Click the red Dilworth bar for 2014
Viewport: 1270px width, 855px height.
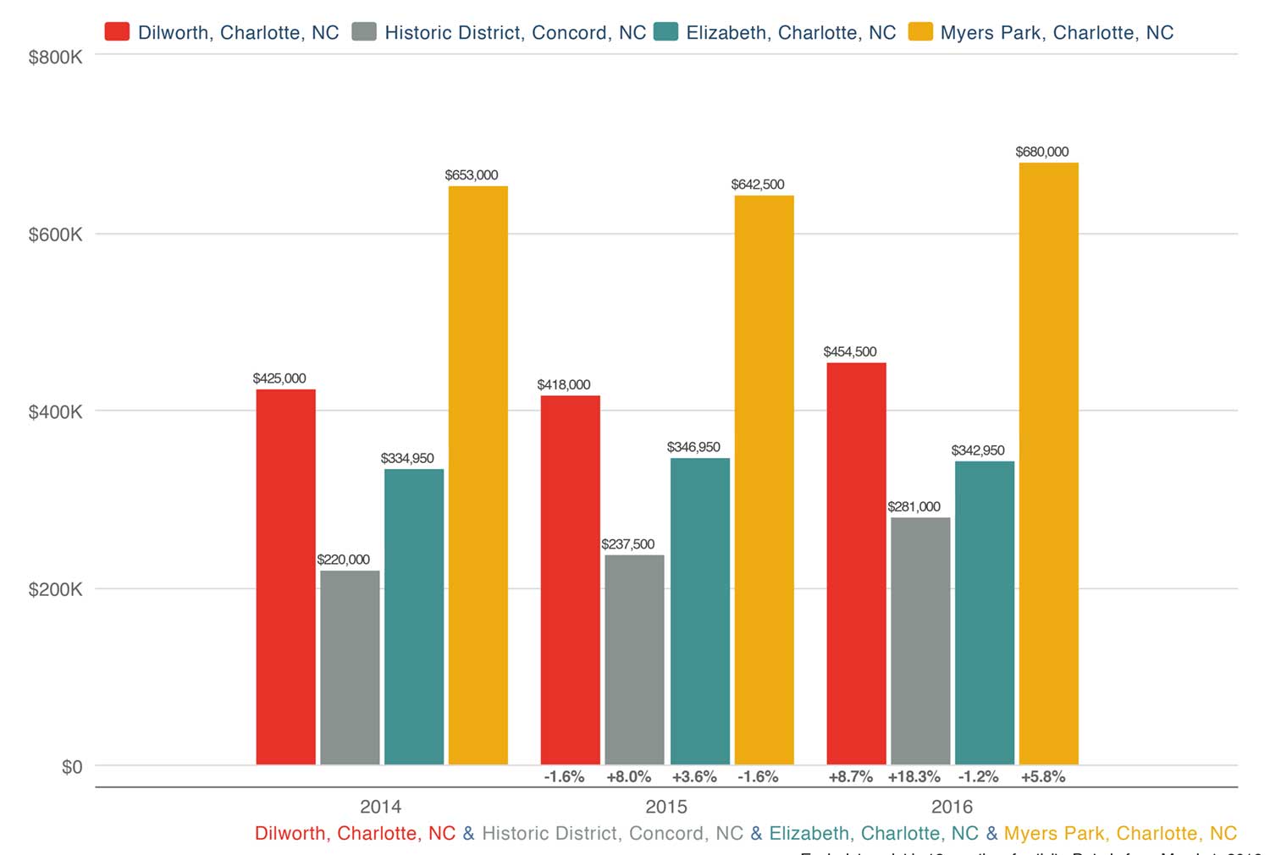[x=285, y=576]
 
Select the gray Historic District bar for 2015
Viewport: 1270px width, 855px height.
[x=634, y=659]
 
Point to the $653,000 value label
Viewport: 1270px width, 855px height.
[x=472, y=175]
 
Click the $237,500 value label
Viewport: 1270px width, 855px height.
[x=627, y=544]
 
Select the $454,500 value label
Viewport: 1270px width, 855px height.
[x=850, y=351]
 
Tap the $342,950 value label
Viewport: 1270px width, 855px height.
[x=978, y=450]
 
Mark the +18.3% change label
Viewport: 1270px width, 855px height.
[x=914, y=776]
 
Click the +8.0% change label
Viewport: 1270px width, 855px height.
[x=628, y=776]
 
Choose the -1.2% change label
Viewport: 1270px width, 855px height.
[x=978, y=776]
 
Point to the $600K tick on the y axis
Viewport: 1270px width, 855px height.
[x=55, y=234]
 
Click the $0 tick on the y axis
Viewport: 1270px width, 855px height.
[x=72, y=767]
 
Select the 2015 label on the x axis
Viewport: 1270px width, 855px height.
[x=666, y=806]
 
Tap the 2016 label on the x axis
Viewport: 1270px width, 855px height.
[x=952, y=806]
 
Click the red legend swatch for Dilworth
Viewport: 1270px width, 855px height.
[x=117, y=32]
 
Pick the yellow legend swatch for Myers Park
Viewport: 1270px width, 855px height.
[x=919, y=32]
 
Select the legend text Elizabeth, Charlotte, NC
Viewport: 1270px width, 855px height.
[x=791, y=33]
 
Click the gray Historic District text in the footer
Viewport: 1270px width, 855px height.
[x=612, y=833]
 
